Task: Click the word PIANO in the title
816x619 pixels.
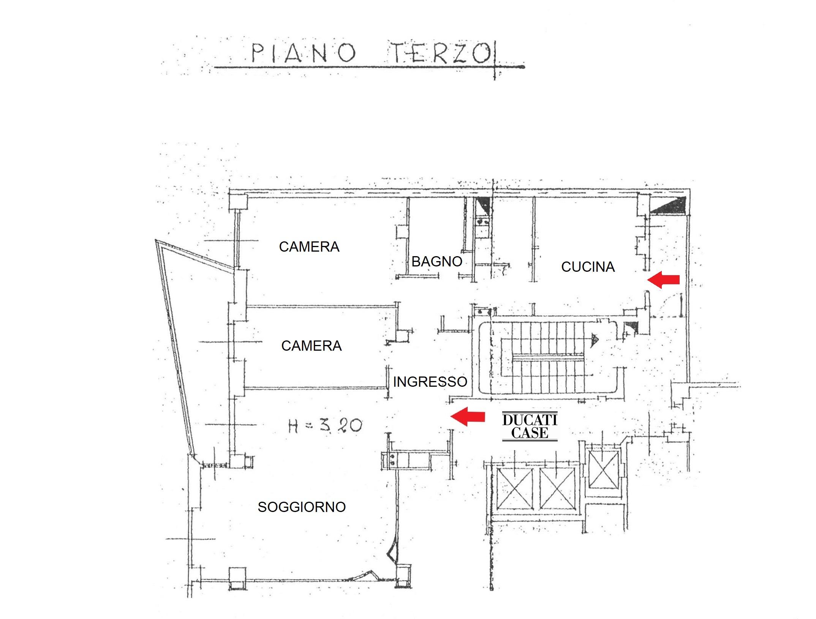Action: [x=304, y=53]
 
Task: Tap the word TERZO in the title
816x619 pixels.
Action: [x=441, y=53]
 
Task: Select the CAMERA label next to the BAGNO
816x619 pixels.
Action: [x=309, y=247]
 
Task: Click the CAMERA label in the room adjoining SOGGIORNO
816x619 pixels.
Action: [x=312, y=346]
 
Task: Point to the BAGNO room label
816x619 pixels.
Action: [x=437, y=261]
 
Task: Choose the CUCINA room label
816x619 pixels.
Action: [x=588, y=267]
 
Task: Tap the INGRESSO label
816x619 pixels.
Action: [x=430, y=382]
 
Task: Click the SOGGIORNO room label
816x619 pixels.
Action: [x=302, y=507]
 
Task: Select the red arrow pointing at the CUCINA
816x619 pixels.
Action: [x=663, y=280]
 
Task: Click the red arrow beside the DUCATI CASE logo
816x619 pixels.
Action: [x=467, y=417]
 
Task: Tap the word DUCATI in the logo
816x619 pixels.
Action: [x=530, y=420]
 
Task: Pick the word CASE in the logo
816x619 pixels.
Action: [x=530, y=433]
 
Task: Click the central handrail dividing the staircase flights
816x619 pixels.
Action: [x=548, y=358]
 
